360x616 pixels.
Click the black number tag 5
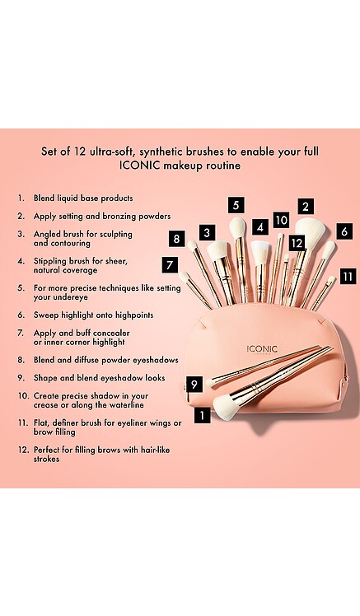[x=236, y=205]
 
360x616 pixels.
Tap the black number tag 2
[x=306, y=206]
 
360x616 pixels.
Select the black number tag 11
[x=348, y=277]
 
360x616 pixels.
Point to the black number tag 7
[x=170, y=265]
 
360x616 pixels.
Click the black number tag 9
[x=194, y=384]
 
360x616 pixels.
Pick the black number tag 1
[x=203, y=415]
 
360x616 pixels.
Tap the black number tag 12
[x=297, y=243]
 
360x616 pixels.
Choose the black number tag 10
[x=281, y=220]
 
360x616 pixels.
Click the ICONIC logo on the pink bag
[x=262, y=350]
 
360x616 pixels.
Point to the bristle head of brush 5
[x=237, y=227]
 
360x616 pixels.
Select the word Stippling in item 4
[x=50, y=262]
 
